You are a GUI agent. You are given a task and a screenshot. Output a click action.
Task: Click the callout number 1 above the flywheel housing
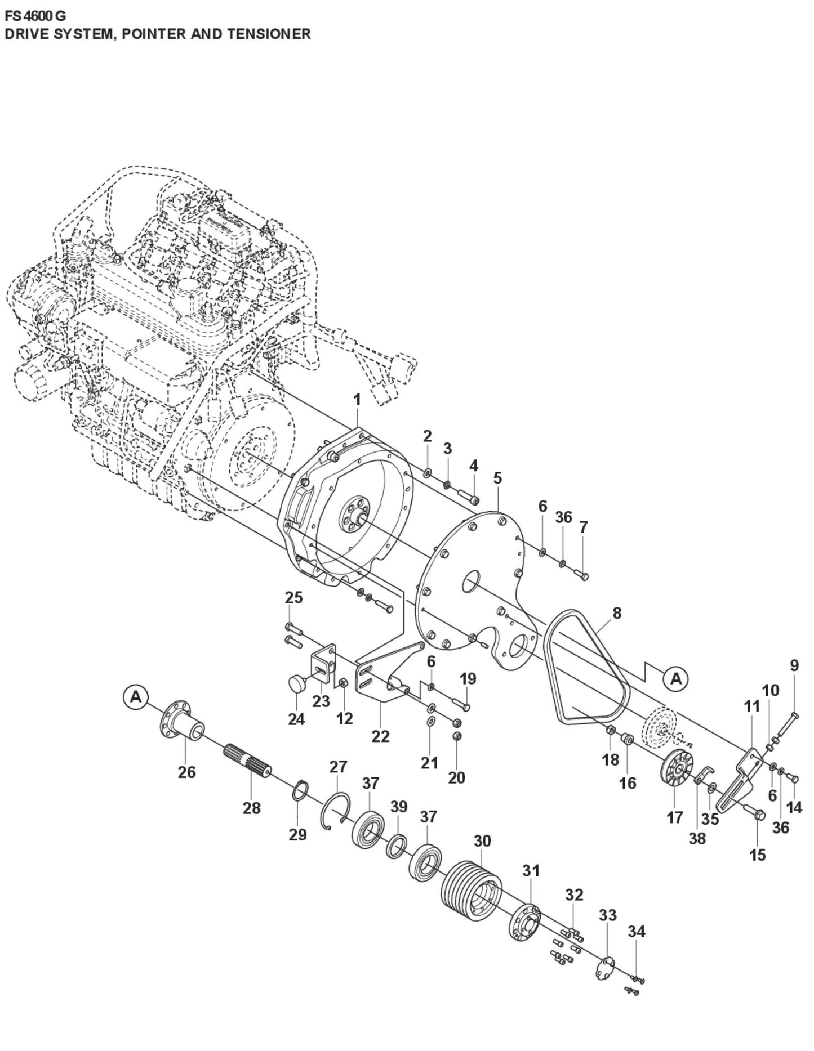point(357,400)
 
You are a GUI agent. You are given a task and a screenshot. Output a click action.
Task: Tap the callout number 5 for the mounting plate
point(497,478)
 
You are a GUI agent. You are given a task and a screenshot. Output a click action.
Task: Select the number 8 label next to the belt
point(617,612)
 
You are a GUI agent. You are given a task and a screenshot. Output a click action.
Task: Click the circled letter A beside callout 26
point(135,697)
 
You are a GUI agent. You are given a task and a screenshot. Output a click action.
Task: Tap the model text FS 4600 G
point(34,16)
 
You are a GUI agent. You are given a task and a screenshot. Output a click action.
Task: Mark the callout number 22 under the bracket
point(380,736)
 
